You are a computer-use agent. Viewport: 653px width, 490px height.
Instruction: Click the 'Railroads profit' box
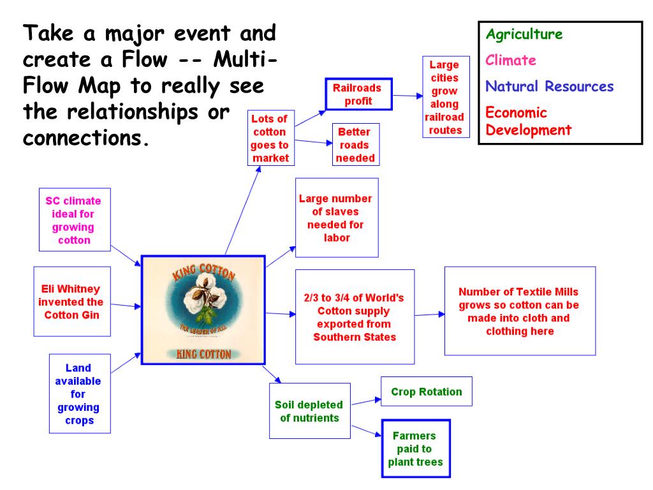[x=358, y=94]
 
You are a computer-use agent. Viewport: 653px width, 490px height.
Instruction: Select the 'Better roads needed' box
[x=355, y=145]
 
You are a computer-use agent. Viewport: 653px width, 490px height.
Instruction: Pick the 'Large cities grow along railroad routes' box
[x=445, y=97]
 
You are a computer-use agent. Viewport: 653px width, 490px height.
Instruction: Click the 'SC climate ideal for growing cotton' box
[x=74, y=220]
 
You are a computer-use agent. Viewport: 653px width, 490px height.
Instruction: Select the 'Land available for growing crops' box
[x=78, y=394]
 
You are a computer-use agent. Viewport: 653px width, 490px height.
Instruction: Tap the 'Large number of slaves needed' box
[x=337, y=218]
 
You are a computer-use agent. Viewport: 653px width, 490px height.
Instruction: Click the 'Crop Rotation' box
[x=426, y=392]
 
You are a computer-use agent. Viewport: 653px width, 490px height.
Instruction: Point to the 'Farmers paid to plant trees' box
[x=415, y=449]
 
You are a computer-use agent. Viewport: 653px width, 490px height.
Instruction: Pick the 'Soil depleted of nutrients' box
[x=309, y=411]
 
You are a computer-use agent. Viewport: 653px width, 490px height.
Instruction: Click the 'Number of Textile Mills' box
[x=519, y=311]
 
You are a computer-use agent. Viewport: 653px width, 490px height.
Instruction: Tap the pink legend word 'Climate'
[x=511, y=61]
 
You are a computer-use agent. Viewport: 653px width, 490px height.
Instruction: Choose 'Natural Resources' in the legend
[x=550, y=86]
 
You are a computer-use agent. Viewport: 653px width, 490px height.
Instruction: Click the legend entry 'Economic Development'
[x=529, y=121]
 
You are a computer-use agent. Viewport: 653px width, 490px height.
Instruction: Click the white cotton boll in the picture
[x=202, y=294]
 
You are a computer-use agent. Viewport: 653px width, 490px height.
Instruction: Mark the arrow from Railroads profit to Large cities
[x=408, y=96]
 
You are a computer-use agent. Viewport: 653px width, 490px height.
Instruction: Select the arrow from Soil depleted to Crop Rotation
[x=366, y=401]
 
